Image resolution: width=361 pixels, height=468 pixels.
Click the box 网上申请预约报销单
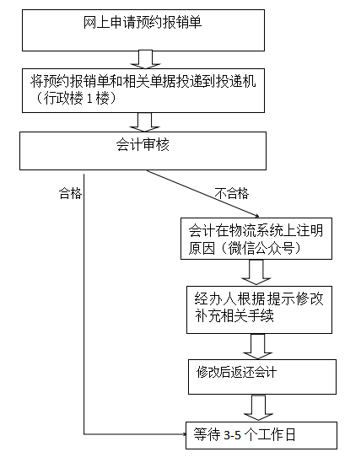click(x=143, y=30)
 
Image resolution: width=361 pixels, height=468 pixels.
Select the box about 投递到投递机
click(x=143, y=91)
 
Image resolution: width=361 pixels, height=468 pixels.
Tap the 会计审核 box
click(x=143, y=151)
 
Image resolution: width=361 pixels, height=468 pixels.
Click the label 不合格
click(x=232, y=193)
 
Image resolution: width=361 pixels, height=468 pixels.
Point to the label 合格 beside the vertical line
click(x=71, y=193)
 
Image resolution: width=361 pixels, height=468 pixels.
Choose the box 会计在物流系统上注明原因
click(x=256, y=239)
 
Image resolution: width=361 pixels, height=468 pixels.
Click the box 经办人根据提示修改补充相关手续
click(x=259, y=309)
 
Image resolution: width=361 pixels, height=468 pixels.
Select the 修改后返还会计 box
click(x=262, y=377)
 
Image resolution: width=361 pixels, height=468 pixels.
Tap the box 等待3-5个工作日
click(x=261, y=435)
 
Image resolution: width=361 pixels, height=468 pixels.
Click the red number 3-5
click(x=232, y=435)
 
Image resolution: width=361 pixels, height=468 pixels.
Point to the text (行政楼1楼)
click(x=76, y=98)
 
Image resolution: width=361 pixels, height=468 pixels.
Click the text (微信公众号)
click(x=261, y=248)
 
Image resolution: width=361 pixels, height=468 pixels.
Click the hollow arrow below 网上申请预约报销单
click(x=145, y=60)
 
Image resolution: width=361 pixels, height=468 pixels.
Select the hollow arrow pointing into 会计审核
click(x=145, y=122)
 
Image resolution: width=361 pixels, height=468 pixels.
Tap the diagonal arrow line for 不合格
click(x=202, y=194)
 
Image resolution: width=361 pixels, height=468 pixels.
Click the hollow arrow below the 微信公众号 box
click(x=256, y=272)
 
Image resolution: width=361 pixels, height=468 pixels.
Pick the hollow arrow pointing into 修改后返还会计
click(x=258, y=347)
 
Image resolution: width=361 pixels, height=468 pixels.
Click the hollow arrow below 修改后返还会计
click(x=259, y=408)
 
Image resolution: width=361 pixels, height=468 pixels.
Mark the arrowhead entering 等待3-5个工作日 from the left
click(x=184, y=434)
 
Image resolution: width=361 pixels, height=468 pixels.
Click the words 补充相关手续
click(x=234, y=315)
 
